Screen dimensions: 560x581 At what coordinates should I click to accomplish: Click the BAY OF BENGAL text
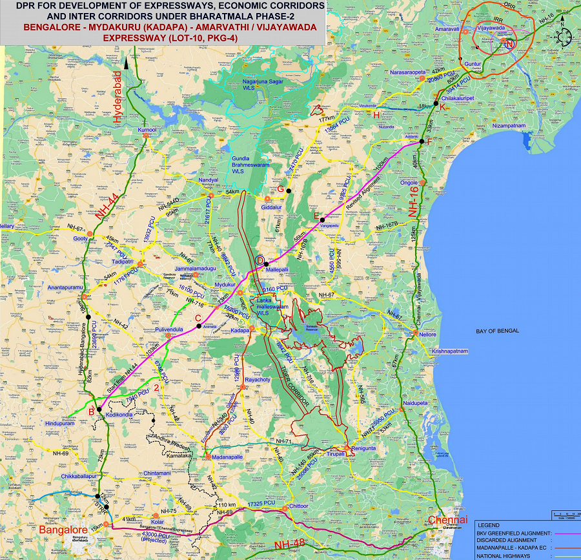[495, 331]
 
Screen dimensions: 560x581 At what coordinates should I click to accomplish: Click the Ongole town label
[409, 183]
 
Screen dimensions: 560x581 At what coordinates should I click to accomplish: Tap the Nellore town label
[427, 335]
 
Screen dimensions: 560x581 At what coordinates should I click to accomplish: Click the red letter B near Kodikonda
[92, 411]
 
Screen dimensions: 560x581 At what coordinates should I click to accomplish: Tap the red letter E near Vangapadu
[316, 216]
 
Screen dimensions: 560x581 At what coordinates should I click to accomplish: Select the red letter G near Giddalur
[280, 189]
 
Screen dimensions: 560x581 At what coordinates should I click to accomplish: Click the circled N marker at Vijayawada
[509, 44]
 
